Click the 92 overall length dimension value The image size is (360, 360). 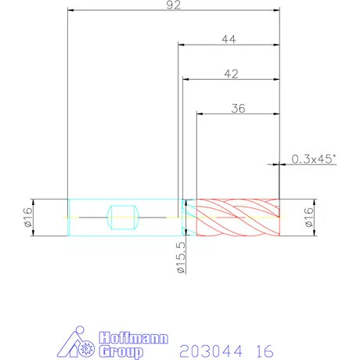click(174, 5)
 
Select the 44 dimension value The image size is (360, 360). click(229, 39)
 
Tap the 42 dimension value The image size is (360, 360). click(231, 74)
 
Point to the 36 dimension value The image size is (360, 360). click(238, 109)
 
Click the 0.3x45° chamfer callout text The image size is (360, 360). click(314, 159)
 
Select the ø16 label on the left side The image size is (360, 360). click(28, 218)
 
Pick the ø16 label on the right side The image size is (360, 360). click(308, 218)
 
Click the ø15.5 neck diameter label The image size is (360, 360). click(181, 257)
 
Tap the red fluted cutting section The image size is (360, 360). click(238, 218)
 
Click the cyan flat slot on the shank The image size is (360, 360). click(123, 218)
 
